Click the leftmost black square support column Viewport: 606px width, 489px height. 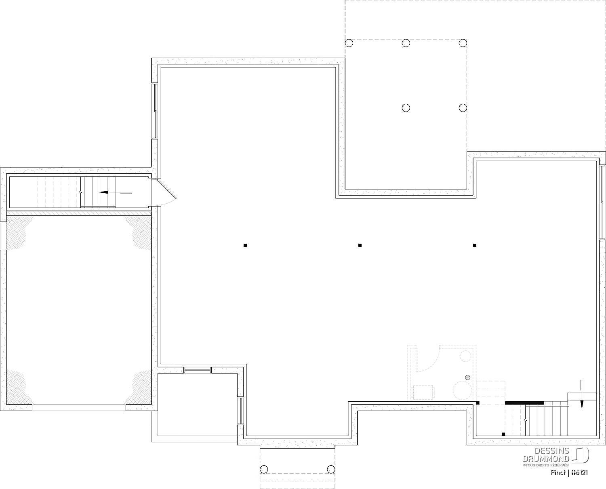coord(245,245)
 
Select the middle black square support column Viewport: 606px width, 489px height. coord(360,245)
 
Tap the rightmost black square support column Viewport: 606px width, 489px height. coord(475,245)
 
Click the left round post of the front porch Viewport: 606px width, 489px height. coord(264,469)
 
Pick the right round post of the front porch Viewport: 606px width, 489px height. coord(331,469)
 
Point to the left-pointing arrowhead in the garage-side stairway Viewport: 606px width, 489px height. coord(104,192)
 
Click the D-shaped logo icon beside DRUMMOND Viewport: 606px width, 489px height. coord(580,455)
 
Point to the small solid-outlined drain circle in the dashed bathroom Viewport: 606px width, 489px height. coord(467,377)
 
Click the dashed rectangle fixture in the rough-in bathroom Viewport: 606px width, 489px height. coord(424,392)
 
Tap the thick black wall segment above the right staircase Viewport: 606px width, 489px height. coord(524,403)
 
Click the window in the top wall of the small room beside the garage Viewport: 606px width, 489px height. coord(198,370)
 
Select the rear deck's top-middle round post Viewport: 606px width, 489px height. coord(406,43)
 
